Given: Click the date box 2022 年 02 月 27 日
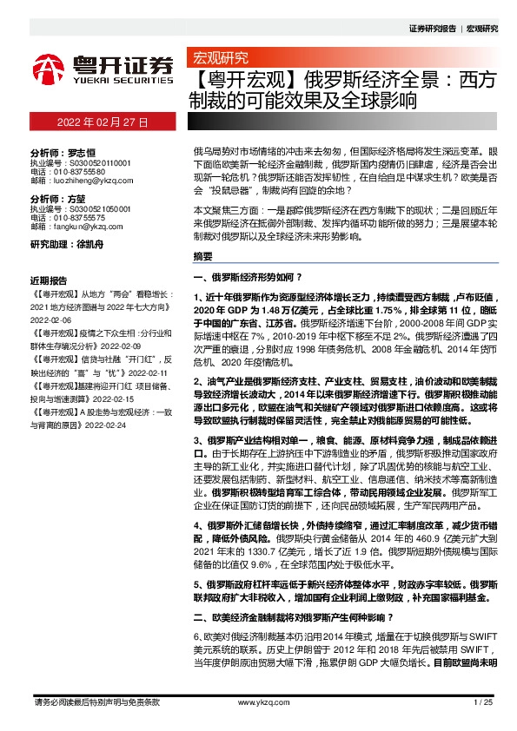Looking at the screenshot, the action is pyautogui.click(x=103, y=123).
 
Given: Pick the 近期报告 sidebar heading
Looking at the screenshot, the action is pyautogui.click(x=49, y=282).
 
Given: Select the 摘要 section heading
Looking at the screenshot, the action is pyautogui.click(x=202, y=257).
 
